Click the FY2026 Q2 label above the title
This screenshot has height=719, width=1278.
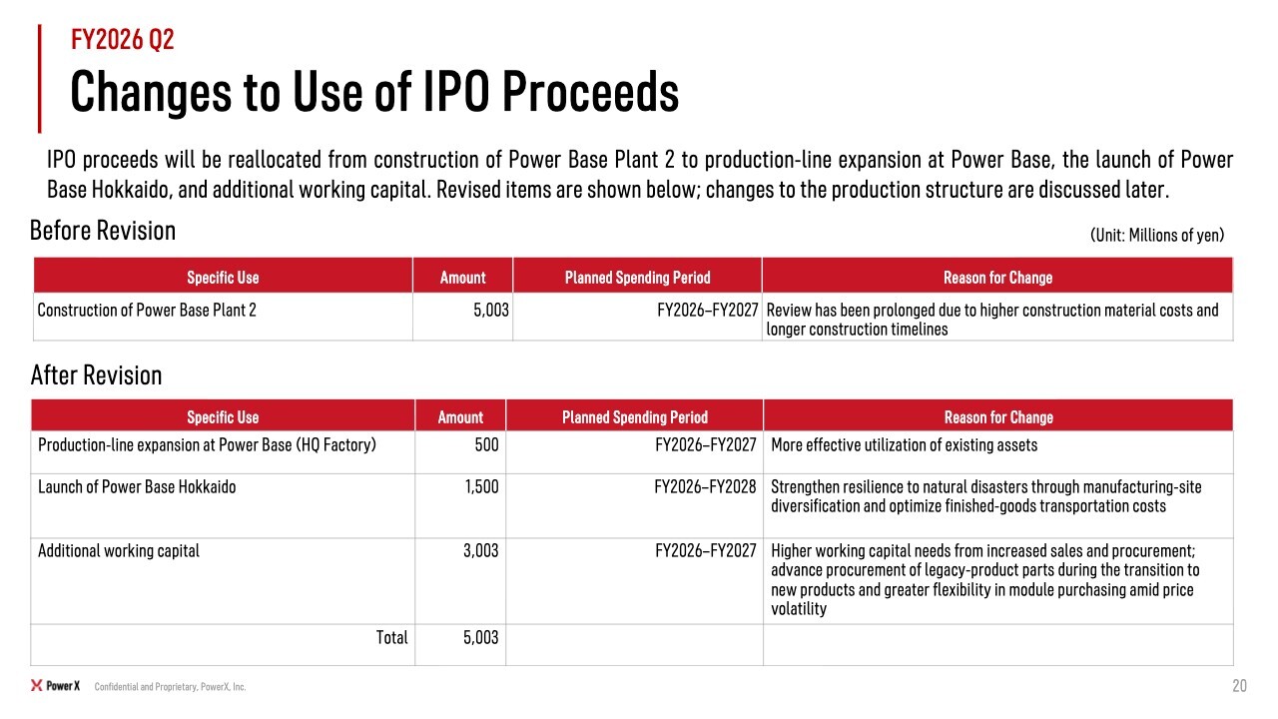tap(122, 39)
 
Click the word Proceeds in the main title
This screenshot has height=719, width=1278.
tap(590, 91)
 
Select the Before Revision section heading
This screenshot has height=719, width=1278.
tap(103, 231)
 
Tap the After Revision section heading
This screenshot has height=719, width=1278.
tap(96, 375)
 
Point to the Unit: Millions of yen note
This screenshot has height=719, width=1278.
tap(1157, 235)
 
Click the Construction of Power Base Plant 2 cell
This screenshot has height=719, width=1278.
tap(147, 310)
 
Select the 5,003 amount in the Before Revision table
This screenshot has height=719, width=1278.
tap(490, 310)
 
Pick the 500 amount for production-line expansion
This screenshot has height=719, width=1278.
tap(486, 444)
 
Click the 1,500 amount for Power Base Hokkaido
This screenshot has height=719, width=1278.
tap(481, 486)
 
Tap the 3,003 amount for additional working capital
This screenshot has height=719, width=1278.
tap(480, 550)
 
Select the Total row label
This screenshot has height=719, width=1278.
tap(391, 637)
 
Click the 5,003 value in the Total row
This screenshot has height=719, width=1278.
tap(480, 637)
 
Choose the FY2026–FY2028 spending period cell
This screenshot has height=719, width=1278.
tap(705, 486)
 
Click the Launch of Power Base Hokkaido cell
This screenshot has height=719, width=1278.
tap(137, 486)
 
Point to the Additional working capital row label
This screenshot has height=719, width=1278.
tap(119, 550)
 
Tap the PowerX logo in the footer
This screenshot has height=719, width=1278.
tap(55, 686)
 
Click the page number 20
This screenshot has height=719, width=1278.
tap(1239, 685)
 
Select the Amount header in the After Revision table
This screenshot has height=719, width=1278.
tap(460, 417)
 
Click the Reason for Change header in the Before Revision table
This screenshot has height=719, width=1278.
tap(997, 278)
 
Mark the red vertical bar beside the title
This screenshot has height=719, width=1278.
tap(39, 79)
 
